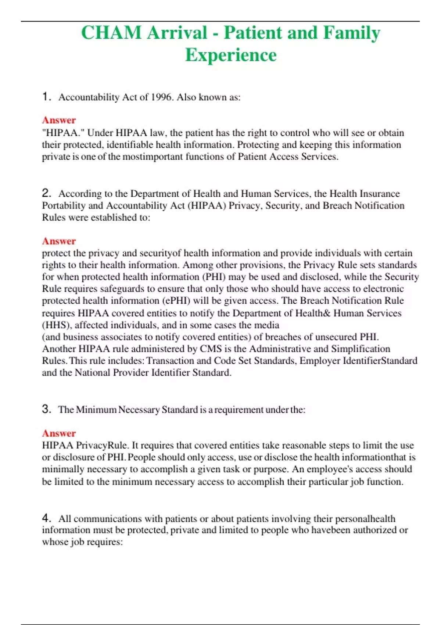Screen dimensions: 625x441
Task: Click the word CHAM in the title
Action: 111,33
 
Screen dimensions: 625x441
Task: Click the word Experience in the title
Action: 231,55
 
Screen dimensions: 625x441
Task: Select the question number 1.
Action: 46,97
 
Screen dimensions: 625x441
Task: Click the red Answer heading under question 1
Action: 59,120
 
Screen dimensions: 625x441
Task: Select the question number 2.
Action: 46,193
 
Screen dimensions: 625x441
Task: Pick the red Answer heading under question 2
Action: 59,241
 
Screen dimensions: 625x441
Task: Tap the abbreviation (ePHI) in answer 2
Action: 176,301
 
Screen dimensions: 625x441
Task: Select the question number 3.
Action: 46,409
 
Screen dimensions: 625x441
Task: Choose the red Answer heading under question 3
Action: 59,433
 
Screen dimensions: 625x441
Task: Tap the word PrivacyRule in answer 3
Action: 102,446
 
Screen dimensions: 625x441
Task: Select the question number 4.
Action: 46,518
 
